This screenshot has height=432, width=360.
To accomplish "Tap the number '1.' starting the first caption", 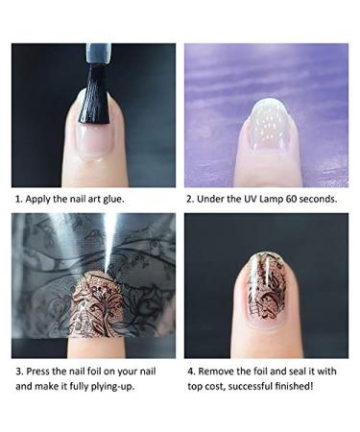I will [18, 200].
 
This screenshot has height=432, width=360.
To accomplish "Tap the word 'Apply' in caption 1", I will [42, 200].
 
